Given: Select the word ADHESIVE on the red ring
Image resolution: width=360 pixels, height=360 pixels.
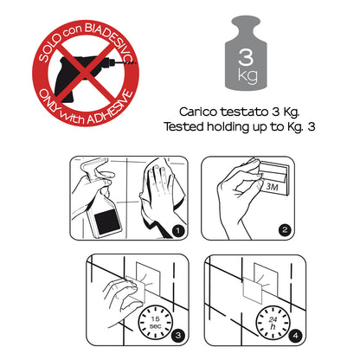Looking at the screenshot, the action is (x=110, y=108).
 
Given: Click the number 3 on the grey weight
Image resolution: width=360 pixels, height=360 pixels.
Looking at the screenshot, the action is (x=246, y=56).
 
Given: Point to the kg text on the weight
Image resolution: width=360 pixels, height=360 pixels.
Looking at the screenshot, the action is (x=247, y=76).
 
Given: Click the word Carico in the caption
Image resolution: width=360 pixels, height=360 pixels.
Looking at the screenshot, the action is (x=198, y=112).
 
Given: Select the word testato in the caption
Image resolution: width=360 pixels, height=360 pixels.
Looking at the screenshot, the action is (x=244, y=112).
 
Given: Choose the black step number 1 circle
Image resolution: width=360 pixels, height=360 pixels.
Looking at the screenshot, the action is (x=178, y=230).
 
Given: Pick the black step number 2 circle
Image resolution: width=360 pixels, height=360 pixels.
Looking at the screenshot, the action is (x=285, y=230).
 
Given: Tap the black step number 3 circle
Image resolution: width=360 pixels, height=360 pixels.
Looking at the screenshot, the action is (x=178, y=335).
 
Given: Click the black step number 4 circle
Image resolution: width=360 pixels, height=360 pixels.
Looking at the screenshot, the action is (x=295, y=336).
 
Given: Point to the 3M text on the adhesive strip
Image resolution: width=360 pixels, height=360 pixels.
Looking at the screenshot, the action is (x=272, y=187).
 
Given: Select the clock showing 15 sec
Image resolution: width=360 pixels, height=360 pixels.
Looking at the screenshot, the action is (x=156, y=322).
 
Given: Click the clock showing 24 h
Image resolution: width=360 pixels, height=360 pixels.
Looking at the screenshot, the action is (x=273, y=323).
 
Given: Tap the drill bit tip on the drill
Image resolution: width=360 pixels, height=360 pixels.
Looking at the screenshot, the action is (x=135, y=62).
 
